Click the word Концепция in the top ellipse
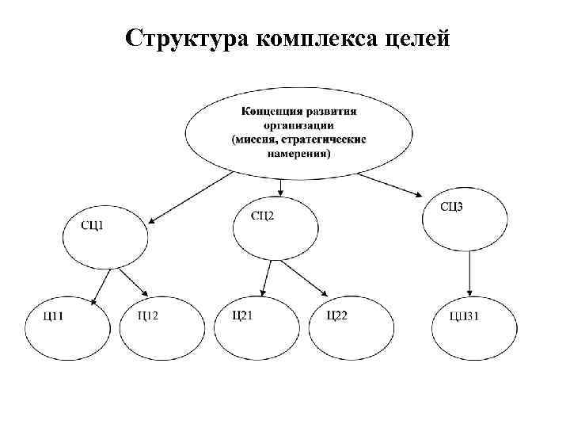270,110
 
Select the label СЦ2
264,215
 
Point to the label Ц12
147,316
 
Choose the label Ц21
242,315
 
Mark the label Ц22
337,315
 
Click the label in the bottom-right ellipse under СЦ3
464,318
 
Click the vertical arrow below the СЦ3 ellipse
470,273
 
